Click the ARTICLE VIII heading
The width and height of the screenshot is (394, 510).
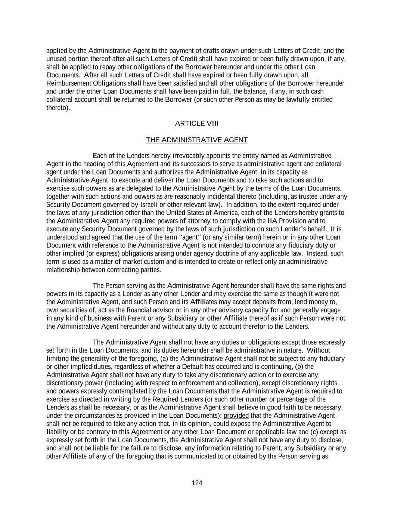(x=197, y=124)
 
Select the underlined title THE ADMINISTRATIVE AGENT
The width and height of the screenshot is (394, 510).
(x=197, y=140)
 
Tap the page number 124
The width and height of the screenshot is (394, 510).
(x=197, y=483)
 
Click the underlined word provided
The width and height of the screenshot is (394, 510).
(x=236, y=416)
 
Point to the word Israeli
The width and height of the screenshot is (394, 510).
(x=149, y=205)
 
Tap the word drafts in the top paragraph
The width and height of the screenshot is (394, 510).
(x=211, y=51)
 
